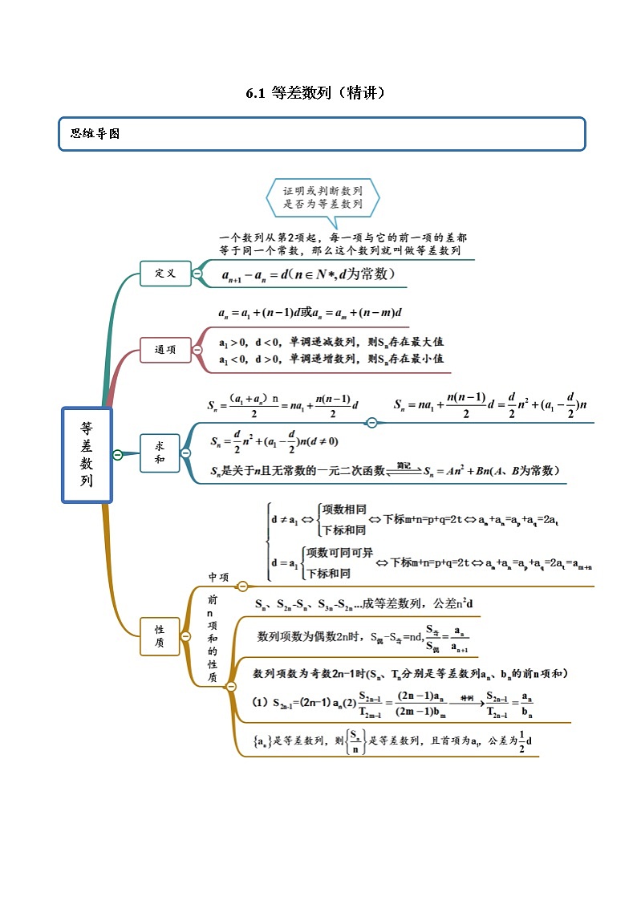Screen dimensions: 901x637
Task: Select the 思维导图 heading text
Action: [x=95, y=134]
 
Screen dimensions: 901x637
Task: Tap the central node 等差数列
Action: [x=87, y=455]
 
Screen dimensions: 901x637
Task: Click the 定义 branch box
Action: [x=164, y=274]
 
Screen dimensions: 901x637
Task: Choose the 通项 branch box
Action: [x=164, y=349]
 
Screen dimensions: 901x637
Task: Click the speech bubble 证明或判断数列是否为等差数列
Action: [x=323, y=197]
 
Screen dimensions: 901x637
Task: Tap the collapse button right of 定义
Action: [x=197, y=274]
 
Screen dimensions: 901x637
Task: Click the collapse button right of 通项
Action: [x=197, y=349]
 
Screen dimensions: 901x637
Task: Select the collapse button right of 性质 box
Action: [x=185, y=636]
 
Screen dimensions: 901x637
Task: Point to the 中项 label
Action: [x=219, y=577]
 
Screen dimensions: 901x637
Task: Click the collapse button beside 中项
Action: [x=242, y=586]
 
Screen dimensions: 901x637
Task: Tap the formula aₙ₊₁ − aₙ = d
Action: [x=308, y=274]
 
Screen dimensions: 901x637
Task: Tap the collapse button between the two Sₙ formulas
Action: [x=371, y=422]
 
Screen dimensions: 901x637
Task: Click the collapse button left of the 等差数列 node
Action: [x=117, y=455]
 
